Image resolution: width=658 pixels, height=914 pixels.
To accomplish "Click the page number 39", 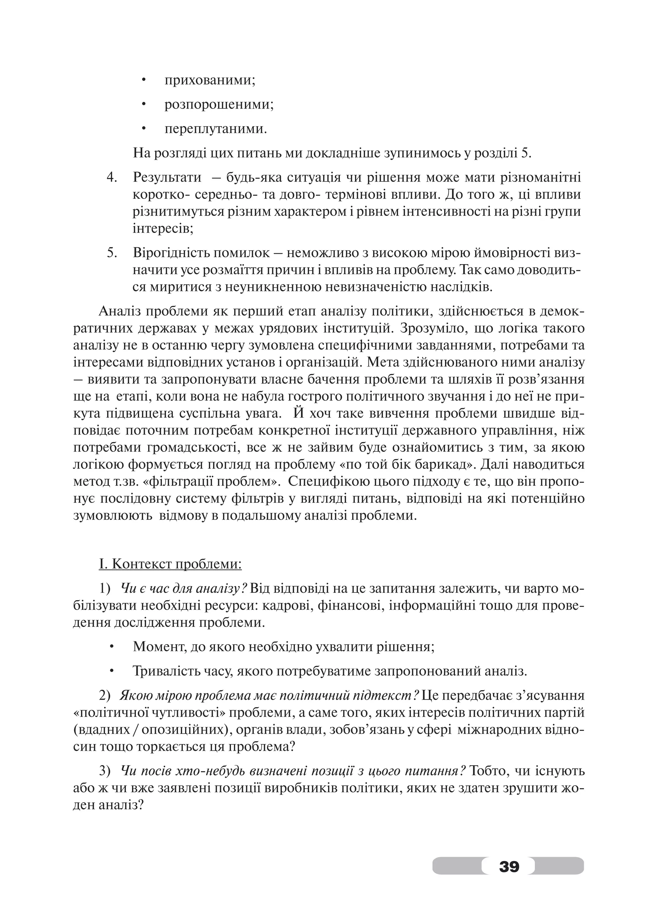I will point(509,866).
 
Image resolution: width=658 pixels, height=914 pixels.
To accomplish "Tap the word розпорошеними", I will point(219,105).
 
